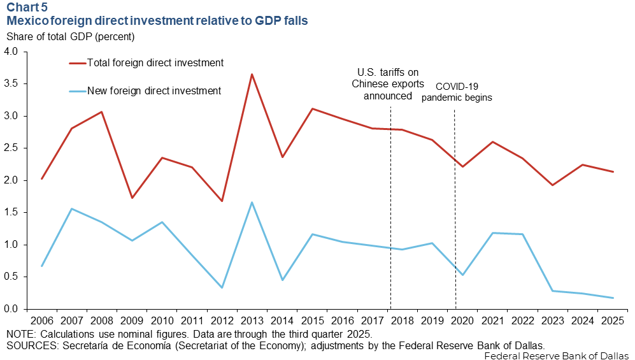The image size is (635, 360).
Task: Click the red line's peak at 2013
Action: pyautogui.click(x=252, y=75)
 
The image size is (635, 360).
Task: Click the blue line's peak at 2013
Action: pyautogui.click(x=252, y=203)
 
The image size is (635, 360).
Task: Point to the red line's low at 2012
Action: pyautogui.click(x=222, y=201)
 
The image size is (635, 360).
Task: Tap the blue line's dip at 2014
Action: pyautogui.click(x=282, y=280)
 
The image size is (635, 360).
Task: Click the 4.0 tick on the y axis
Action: pyautogui.click(x=13, y=52)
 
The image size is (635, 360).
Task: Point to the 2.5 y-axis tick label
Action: pyautogui.click(x=13, y=148)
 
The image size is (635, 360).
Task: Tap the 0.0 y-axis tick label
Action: pyautogui.click(x=13, y=309)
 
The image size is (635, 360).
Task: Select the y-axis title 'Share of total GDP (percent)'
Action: pyautogui.click(x=70, y=36)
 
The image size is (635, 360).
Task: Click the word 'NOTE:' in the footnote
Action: pyautogui.click(x=21, y=335)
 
